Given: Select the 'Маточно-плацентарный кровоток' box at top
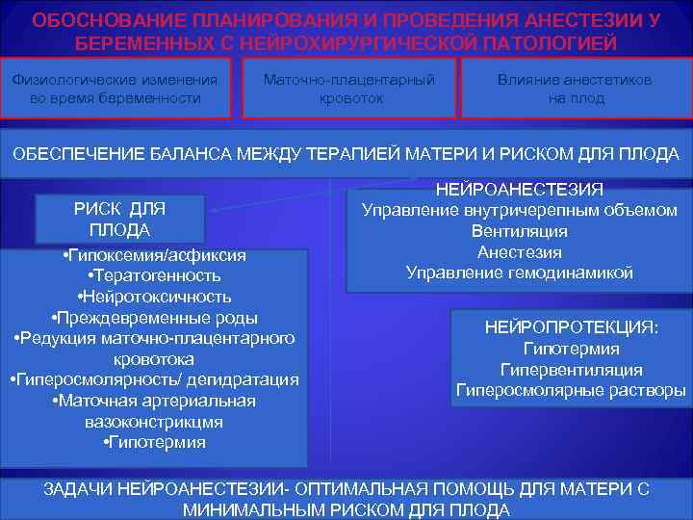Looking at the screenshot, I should click(x=349, y=89).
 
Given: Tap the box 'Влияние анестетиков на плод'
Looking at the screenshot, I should click(x=576, y=89).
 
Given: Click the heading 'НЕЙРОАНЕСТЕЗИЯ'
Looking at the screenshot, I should click(x=520, y=189).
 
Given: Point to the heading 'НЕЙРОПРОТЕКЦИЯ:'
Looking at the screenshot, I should click(x=572, y=328).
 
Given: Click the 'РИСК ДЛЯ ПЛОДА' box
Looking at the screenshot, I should click(x=120, y=220).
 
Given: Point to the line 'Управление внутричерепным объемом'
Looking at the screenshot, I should click(x=520, y=210).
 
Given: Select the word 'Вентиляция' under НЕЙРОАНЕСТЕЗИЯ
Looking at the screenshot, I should click(x=520, y=231).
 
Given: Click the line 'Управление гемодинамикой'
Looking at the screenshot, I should click(x=520, y=273).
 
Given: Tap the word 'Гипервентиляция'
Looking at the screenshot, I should click(x=572, y=370).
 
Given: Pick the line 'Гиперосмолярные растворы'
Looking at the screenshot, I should click(x=572, y=391).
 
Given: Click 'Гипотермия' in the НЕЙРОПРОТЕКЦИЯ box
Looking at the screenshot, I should click(x=572, y=350).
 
